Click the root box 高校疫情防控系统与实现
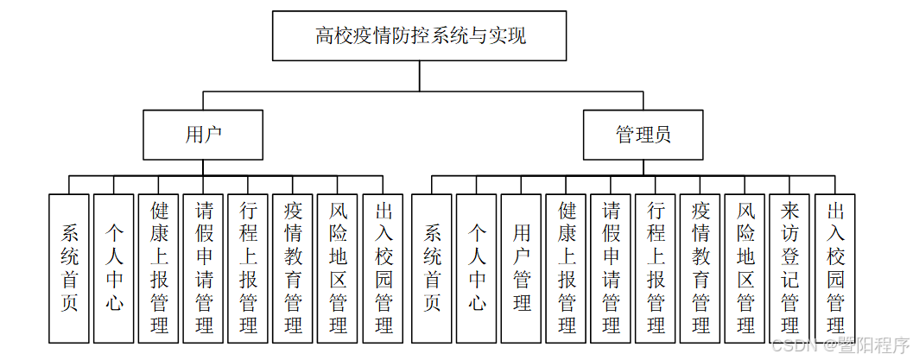tap(420, 35)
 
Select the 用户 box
tap(204, 135)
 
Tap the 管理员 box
tap(643, 135)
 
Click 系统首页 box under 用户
tap(70, 268)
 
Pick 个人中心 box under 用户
tap(114, 268)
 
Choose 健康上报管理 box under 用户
tap(159, 268)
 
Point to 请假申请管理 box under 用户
tap(204, 268)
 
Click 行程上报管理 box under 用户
tap(249, 268)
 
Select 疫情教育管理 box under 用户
tap(294, 268)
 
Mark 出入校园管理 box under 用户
tap(384, 268)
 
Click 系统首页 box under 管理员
tap(433, 268)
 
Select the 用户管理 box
tap(522, 268)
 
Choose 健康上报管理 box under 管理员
tap(567, 268)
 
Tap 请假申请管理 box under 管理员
tap(612, 268)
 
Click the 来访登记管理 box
tap(789, 268)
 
